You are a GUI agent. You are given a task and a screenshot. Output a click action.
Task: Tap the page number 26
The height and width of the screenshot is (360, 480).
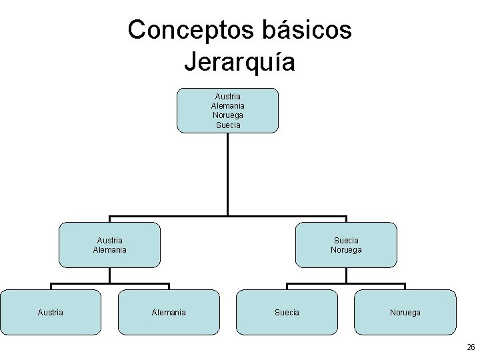(x=471, y=347)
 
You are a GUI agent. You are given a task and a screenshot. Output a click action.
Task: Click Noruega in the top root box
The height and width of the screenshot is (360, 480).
(x=228, y=115)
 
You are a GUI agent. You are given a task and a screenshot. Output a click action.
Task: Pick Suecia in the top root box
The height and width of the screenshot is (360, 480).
(x=228, y=125)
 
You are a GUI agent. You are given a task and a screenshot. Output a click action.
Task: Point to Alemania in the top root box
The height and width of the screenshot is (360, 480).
(x=228, y=106)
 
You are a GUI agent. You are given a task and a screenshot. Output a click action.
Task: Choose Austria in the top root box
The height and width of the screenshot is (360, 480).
(x=228, y=97)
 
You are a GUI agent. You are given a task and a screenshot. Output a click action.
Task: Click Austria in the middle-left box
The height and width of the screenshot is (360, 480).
(x=110, y=240)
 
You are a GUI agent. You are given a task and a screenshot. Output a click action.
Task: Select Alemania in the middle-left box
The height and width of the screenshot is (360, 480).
(x=110, y=250)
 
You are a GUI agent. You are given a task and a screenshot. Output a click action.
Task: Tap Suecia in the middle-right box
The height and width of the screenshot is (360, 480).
(x=346, y=240)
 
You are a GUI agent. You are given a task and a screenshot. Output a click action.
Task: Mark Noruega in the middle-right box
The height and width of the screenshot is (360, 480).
(x=346, y=250)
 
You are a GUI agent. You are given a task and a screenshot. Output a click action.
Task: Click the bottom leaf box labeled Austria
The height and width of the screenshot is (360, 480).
(x=51, y=312)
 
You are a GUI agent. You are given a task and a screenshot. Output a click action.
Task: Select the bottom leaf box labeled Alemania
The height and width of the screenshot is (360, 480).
(x=169, y=312)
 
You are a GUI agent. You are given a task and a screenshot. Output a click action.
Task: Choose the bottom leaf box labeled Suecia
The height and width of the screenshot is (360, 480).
(x=287, y=312)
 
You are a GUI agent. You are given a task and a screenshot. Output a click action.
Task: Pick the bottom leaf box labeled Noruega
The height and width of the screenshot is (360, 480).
(x=405, y=312)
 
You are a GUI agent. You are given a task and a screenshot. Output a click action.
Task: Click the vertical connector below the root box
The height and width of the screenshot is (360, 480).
(x=228, y=173)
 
